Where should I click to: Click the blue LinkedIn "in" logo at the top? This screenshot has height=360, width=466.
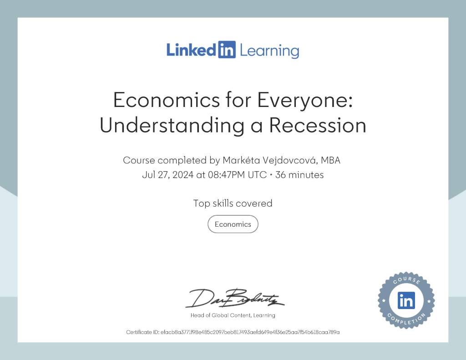pos(227,50)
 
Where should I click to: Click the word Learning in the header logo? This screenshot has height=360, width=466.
pos(269,51)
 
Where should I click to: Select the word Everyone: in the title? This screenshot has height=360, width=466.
pos(305,101)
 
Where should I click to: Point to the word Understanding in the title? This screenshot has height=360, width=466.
pos(172,126)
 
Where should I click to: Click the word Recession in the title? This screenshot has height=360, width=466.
pos(317,125)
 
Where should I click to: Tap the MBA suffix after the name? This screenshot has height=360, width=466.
pos(330,161)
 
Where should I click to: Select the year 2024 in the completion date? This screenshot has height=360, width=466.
pos(183,175)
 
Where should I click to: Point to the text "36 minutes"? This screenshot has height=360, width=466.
pos(299,175)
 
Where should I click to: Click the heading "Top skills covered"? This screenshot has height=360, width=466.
pos(233,203)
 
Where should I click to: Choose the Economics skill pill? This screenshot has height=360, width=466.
pos(233,224)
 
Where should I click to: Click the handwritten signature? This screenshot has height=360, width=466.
pos(235,298)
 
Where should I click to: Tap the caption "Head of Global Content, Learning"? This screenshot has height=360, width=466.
pos(233,315)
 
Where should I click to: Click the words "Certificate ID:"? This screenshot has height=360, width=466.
pos(142,332)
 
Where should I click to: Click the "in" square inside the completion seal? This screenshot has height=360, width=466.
pos(406,300)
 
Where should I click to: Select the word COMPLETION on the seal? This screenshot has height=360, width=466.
pos(406,320)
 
